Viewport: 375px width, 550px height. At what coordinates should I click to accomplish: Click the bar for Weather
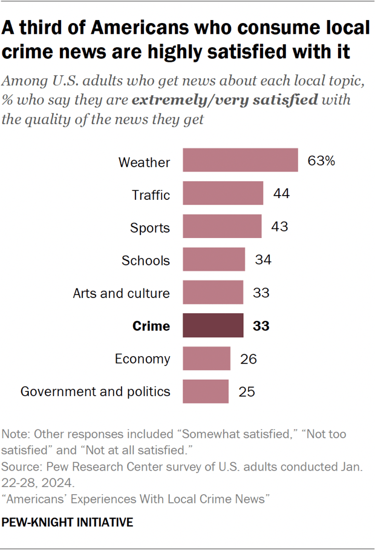pyautogui.click(x=240, y=161)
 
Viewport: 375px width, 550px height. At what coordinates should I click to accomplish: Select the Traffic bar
pyautogui.click(x=223, y=194)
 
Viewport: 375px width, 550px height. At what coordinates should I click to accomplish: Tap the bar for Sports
pyautogui.click(x=222, y=227)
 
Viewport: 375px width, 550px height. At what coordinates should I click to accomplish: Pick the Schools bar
pyautogui.click(x=214, y=260)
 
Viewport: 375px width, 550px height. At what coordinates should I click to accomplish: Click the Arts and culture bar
pyautogui.click(x=213, y=293)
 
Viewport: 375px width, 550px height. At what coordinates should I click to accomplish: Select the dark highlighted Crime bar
pyautogui.click(x=213, y=326)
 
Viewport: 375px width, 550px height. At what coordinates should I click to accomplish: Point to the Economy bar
pyautogui.click(x=206, y=359)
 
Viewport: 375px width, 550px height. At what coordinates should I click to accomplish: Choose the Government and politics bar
pyautogui.click(x=206, y=391)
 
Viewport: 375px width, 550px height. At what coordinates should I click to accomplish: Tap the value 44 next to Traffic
pyautogui.click(x=281, y=194)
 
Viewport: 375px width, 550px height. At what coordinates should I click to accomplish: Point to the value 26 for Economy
pyautogui.click(x=248, y=359)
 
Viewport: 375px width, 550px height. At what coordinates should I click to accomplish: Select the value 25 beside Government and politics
pyautogui.click(x=246, y=391)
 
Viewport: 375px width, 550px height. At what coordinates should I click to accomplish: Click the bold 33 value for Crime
pyautogui.click(x=261, y=326)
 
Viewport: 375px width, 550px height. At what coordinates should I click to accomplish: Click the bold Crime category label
pyautogui.click(x=151, y=326)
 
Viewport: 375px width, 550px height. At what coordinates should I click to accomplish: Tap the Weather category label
pyautogui.click(x=144, y=162)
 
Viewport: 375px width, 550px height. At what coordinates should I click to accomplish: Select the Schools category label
pyautogui.click(x=146, y=260)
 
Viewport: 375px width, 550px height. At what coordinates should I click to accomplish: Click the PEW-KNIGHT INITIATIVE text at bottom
pyautogui.click(x=68, y=522)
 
